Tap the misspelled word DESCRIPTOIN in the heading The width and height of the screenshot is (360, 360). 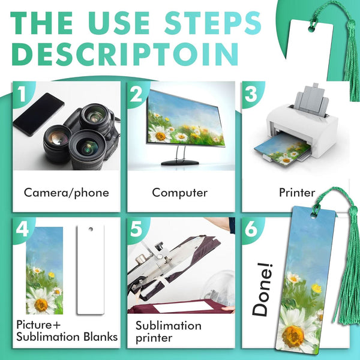(123, 53)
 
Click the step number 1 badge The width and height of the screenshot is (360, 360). (20, 94)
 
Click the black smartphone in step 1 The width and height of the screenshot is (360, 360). (38, 114)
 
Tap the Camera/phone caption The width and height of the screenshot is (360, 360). (66, 193)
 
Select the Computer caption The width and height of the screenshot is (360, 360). (180, 193)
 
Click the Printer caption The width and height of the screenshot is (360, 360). (296, 193)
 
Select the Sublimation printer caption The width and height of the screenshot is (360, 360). (168, 332)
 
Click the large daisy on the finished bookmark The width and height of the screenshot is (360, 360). (294, 333)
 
